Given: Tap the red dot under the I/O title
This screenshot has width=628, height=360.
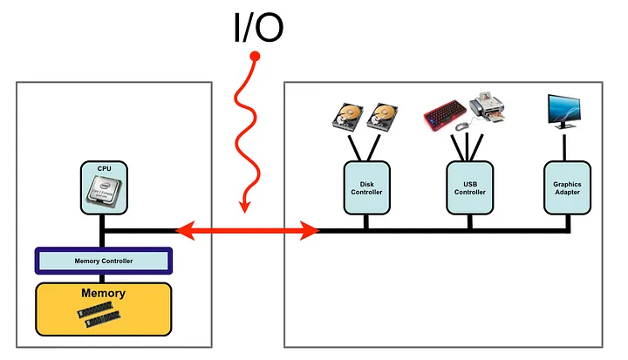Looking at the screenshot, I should pos(255,58).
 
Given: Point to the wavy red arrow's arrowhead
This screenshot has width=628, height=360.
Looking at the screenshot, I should pos(244,207).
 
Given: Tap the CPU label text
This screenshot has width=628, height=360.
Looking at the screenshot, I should pos(104,167).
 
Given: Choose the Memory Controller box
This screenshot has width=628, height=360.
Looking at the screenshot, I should pos(103,261).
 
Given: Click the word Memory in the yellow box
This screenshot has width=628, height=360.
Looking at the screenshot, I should pos(103,294).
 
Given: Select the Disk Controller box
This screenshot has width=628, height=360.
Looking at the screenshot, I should pos(366,187).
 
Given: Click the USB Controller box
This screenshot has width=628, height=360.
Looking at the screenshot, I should pos(469,187).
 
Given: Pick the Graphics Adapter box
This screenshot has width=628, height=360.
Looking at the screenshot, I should pos(567,187).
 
